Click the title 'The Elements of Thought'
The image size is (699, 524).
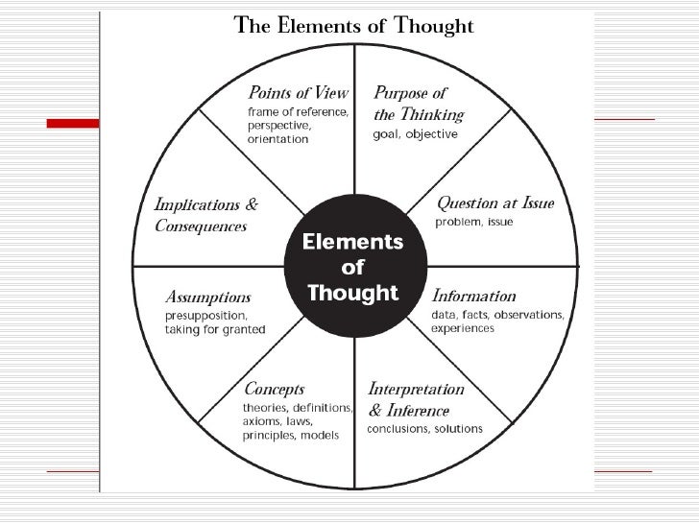click(x=354, y=26)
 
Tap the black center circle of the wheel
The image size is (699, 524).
click(x=353, y=266)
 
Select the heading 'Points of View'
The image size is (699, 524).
click(x=298, y=93)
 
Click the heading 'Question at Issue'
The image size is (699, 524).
click(x=495, y=203)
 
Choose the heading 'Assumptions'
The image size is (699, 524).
click(x=208, y=297)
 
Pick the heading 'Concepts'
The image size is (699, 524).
click(x=274, y=390)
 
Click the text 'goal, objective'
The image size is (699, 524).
click(x=415, y=134)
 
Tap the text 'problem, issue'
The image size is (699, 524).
click(x=474, y=222)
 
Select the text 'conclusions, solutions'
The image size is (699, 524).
click(x=425, y=428)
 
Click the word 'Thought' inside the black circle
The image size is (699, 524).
click(x=352, y=291)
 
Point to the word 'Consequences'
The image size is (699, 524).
click(x=201, y=226)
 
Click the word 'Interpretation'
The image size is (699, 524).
click(x=416, y=390)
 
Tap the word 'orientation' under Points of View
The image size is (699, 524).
click(x=277, y=139)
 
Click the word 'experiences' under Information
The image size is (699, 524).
click(x=463, y=328)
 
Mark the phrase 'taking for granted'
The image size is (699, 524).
click(x=215, y=329)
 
